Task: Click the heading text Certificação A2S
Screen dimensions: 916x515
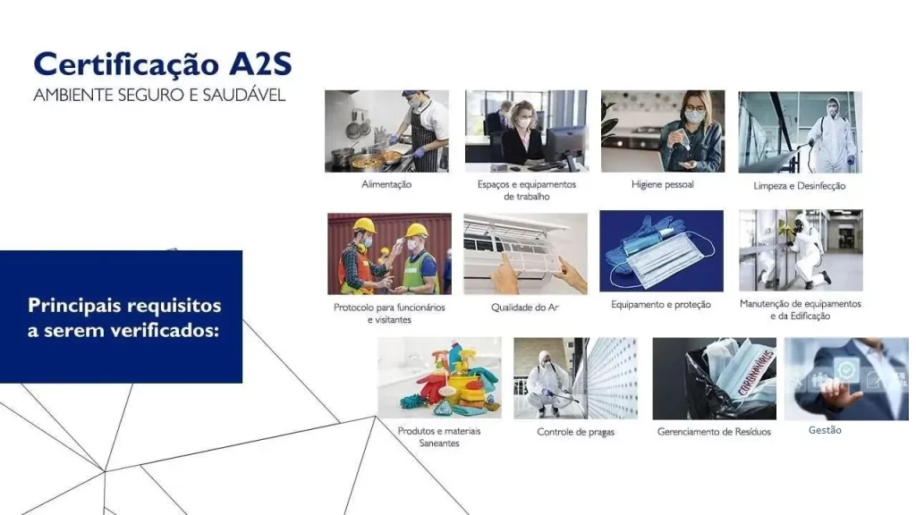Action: pos(163,64)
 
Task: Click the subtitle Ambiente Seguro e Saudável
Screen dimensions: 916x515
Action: pos(159,95)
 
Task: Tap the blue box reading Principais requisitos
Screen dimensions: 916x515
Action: pos(121,317)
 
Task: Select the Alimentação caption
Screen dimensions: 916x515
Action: pos(386,184)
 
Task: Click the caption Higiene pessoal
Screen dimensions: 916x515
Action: pos(663,184)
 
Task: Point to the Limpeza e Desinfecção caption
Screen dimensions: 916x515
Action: pos(799,186)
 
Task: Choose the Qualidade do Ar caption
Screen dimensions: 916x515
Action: pos(524,308)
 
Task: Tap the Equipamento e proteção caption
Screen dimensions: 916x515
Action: pos(661,304)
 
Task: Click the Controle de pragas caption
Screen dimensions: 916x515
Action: pos(575,432)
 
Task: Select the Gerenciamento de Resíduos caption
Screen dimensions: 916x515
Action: pos(714,432)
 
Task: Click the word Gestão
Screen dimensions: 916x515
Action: pos(825,430)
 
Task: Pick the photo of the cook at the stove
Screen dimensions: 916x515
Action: pos(386,131)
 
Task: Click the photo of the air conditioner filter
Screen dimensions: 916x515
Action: pos(526,253)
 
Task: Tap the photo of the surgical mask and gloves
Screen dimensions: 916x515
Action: pos(661,251)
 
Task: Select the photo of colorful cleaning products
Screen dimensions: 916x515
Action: pos(439,378)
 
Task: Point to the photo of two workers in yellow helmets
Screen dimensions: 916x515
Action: pos(390,253)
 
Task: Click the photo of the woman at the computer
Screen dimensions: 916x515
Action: pos(526,131)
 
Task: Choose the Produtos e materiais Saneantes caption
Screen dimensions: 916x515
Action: pos(439,436)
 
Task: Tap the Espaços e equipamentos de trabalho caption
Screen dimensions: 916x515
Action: pos(526,190)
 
